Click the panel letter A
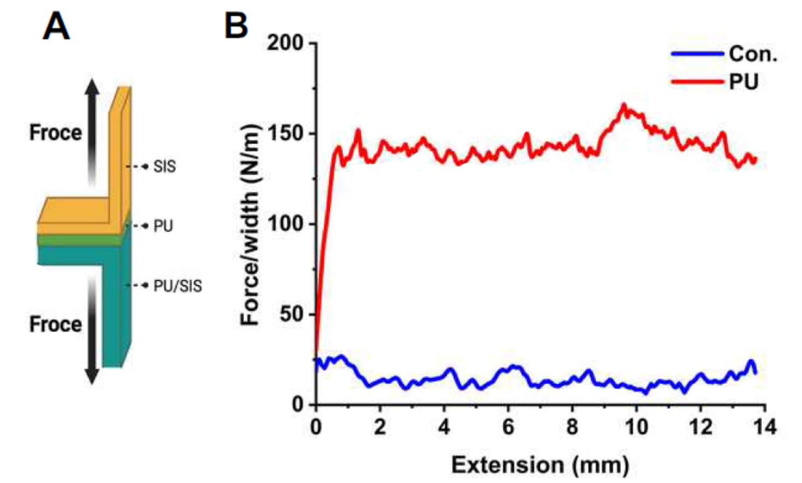57,27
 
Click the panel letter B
236,26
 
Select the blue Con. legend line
697,53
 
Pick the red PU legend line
697,82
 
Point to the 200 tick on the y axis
285,43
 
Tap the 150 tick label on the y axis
285,134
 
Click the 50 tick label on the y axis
291,314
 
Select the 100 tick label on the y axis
285,224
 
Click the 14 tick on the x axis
764,427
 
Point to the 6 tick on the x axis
508,427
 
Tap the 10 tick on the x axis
636,427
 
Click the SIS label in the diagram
164,167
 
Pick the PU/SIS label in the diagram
177,286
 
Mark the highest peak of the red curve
624,105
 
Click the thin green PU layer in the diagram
81,239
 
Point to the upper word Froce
56,133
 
